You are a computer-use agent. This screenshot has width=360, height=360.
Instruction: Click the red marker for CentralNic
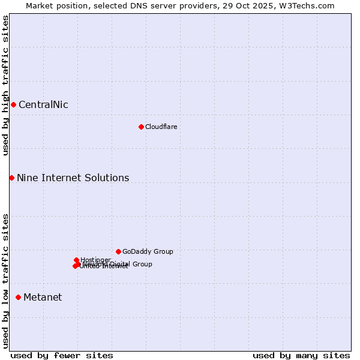13,105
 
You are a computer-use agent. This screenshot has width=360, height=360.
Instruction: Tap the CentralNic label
43,105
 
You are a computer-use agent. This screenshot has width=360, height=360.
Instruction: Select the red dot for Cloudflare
141,127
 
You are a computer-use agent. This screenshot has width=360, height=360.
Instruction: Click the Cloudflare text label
161,127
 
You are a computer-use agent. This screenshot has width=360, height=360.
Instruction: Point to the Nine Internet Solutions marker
11,178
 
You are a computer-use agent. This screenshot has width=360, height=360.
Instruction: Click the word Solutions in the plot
108,178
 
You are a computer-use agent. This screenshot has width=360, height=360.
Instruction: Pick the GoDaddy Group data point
118,251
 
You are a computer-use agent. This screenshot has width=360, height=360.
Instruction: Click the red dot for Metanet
18,297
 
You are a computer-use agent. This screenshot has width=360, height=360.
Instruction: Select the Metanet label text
43,298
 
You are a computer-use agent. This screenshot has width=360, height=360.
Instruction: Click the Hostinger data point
76,260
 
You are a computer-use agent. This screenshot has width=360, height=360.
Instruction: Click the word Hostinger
96,260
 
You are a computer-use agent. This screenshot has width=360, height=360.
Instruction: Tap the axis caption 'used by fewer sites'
62,355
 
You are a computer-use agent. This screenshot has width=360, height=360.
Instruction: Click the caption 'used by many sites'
301,355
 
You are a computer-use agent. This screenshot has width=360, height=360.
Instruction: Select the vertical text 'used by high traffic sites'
5,85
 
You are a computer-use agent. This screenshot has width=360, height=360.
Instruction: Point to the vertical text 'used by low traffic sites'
5,281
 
